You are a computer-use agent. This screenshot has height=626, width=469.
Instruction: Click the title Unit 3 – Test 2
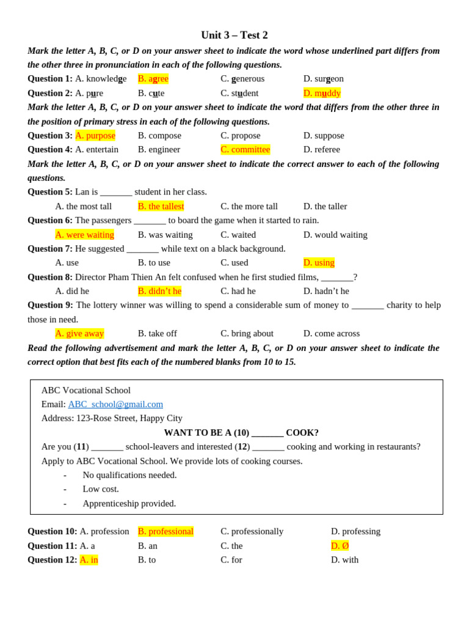234,35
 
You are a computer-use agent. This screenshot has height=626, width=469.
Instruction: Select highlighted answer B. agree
153,79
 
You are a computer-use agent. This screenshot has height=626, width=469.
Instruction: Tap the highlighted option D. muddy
322,93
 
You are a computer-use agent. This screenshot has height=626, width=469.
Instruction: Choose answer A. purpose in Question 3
95,135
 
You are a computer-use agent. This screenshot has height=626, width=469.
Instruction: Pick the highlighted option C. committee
245,150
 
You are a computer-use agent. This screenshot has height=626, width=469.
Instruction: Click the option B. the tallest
161,207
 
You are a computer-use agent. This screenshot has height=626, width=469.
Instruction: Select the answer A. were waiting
85,235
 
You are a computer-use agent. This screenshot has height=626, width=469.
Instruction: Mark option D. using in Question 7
319,263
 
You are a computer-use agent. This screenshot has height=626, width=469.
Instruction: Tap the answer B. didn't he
159,291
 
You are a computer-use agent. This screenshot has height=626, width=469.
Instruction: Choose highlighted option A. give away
80,334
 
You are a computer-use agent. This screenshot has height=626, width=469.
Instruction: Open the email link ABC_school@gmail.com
115,404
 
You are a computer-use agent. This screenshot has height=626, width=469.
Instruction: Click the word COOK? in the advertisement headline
302,433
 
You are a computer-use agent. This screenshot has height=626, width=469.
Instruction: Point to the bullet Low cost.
101,489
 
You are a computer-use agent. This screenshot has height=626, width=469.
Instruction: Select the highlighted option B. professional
165,532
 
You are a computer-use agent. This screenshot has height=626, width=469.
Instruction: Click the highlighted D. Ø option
340,546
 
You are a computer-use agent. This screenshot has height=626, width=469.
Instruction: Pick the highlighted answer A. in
89,560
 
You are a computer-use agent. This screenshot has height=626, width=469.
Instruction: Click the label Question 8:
50,277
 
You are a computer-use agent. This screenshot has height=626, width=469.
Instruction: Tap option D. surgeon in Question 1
324,79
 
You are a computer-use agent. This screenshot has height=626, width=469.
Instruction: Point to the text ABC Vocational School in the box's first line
86,390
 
